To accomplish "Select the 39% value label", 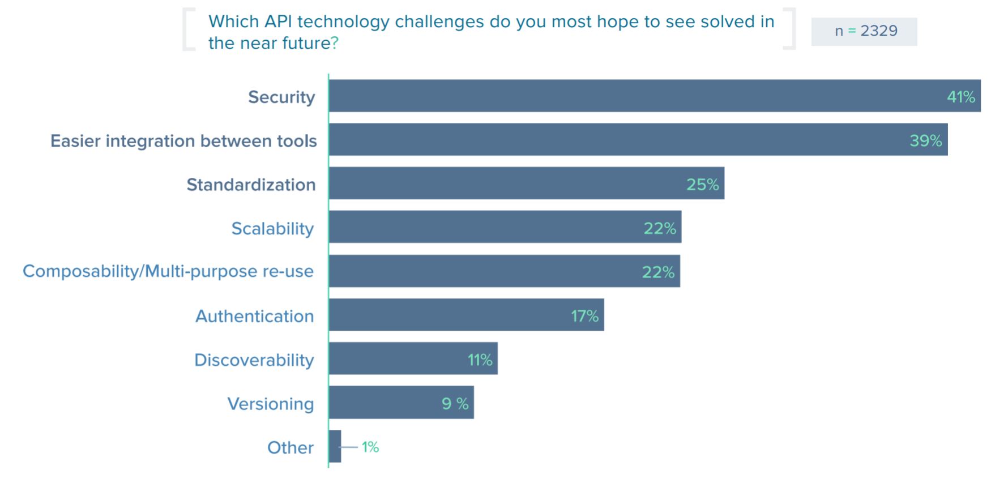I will click(x=925, y=140).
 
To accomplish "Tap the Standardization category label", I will click(x=251, y=185).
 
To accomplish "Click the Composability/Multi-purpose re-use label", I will click(x=168, y=271).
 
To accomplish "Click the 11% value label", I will click(x=480, y=360).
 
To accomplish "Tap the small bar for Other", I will click(x=335, y=446).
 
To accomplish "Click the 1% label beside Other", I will click(x=370, y=447).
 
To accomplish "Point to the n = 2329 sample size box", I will click(x=864, y=31).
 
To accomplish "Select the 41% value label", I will click(x=961, y=97).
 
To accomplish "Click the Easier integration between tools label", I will click(x=183, y=141).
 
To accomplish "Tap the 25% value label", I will click(x=702, y=185).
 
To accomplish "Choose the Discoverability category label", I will click(x=254, y=360).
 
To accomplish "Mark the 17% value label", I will click(x=584, y=316).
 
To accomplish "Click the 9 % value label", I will click(x=455, y=404).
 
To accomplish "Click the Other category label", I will click(x=290, y=448).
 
